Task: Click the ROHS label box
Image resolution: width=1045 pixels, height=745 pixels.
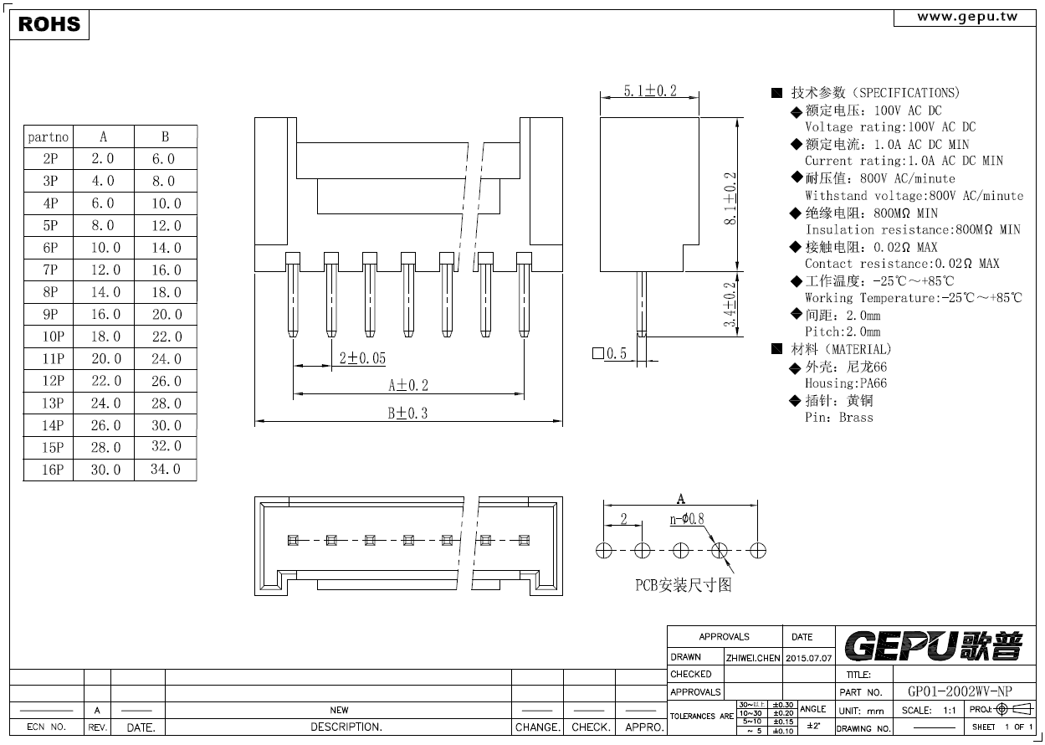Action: (x=49, y=25)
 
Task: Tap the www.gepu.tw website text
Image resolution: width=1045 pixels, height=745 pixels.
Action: (x=967, y=18)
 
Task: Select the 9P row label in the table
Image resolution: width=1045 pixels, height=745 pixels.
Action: (x=50, y=314)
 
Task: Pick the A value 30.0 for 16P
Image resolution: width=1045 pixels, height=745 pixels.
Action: (x=106, y=470)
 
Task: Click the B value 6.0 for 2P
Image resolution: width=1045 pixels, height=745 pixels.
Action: (x=163, y=159)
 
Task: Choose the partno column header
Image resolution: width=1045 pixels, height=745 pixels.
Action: (x=48, y=137)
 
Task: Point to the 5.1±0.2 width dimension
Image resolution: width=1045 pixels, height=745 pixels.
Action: (x=650, y=90)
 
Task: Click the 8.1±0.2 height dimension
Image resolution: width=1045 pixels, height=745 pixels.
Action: (x=730, y=199)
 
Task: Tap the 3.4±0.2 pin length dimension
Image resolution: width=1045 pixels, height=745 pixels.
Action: (x=730, y=306)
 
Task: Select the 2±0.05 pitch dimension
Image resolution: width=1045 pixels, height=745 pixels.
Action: (x=362, y=358)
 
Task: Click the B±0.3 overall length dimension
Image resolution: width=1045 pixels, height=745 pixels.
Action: (x=407, y=414)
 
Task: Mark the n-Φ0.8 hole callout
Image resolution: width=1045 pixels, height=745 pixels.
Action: (x=687, y=519)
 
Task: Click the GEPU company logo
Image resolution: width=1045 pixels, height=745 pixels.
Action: (x=934, y=646)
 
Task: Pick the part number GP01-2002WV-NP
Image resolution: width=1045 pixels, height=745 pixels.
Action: (x=960, y=691)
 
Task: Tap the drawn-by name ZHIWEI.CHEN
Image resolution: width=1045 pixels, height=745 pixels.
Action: (x=753, y=658)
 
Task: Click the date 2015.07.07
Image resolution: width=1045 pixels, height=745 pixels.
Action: (x=808, y=658)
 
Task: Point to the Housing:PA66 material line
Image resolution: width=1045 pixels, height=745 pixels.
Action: (x=846, y=383)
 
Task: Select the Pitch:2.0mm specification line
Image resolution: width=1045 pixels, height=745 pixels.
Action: (x=843, y=331)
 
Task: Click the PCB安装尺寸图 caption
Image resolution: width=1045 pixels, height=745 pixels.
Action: (x=684, y=585)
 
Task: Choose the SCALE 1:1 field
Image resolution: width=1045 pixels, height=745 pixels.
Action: (x=929, y=711)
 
